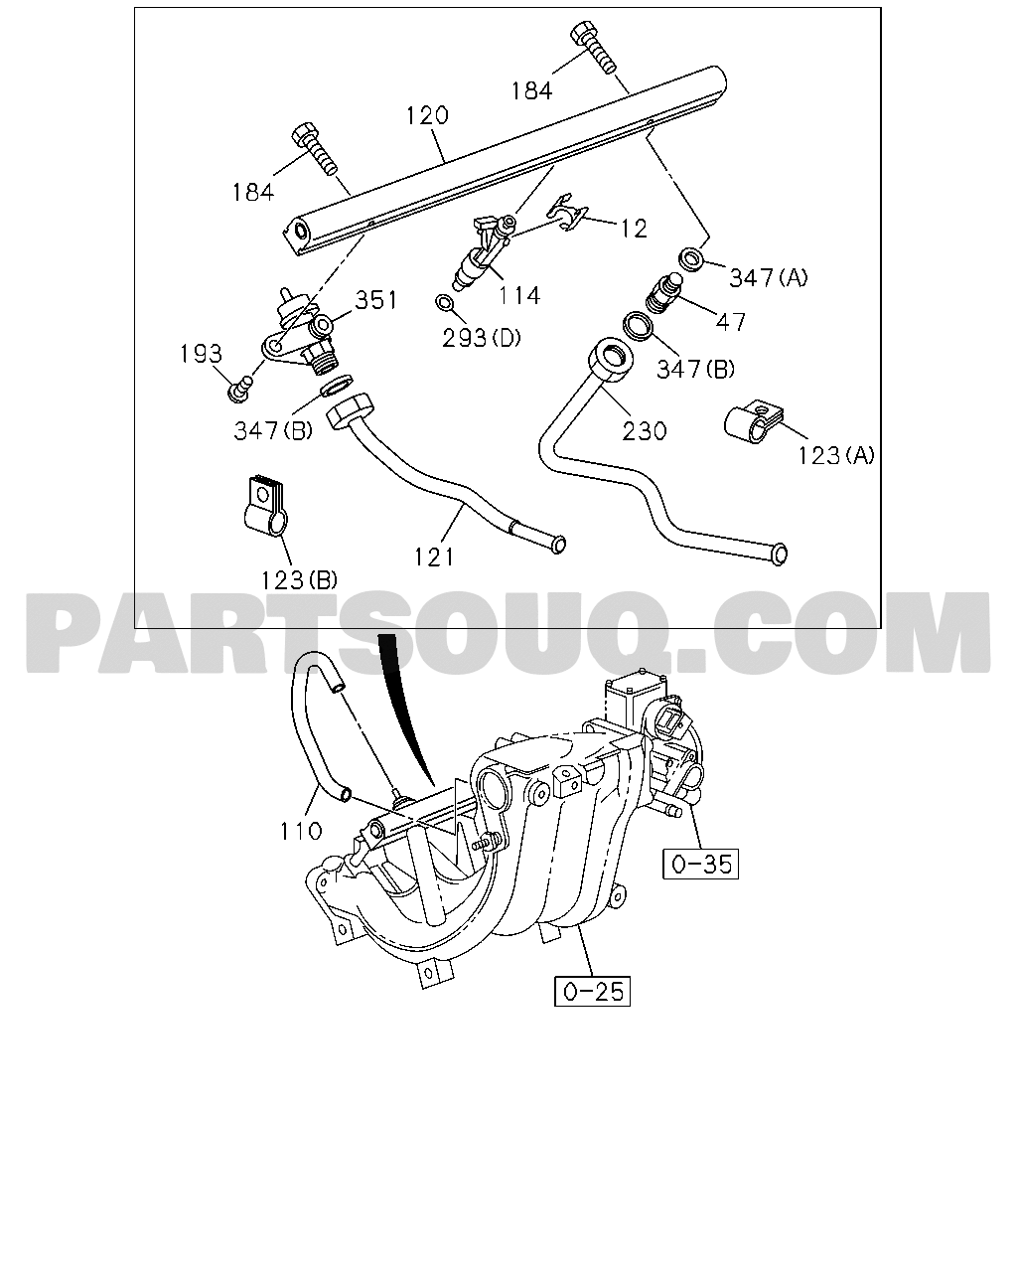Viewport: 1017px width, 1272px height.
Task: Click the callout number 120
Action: pyautogui.click(x=427, y=115)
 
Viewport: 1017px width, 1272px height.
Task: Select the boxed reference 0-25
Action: pyautogui.click(x=593, y=991)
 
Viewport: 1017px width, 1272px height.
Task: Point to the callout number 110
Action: pyautogui.click(x=301, y=832)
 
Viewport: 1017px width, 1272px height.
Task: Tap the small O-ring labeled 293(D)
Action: pyautogui.click(x=444, y=303)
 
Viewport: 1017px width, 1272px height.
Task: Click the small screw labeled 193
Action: pyautogui.click(x=238, y=391)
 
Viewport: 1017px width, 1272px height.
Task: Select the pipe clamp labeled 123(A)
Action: pyautogui.click(x=753, y=422)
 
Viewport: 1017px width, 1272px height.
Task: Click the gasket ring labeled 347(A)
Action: pyautogui.click(x=691, y=259)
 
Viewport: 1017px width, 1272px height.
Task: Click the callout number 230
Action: pyautogui.click(x=645, y=431)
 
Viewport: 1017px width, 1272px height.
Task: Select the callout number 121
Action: pyautogui.click(x=434, y=556)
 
